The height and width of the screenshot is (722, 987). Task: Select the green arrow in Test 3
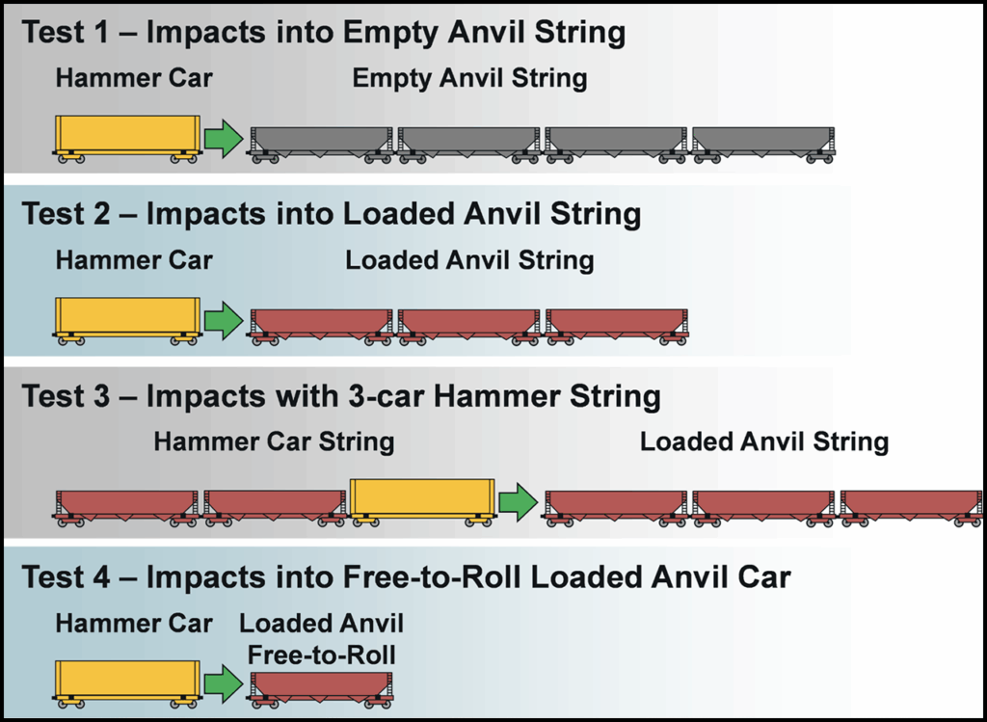[x=519, y=501]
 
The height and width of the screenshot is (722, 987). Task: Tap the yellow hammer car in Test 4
[x=127, y=682]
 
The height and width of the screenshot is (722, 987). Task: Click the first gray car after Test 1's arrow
[x=321, y=142]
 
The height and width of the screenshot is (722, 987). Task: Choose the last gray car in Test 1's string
[x=763, y=142]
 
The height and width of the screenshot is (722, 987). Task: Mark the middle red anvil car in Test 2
[x=468, y=323]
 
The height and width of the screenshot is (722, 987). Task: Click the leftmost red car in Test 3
[x=127, y=505]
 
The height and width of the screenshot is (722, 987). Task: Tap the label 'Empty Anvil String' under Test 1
[x=469, y=79]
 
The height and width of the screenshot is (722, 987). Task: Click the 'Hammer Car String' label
[x=274, y=442]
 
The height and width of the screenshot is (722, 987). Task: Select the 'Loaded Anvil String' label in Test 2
[x=469, y=260]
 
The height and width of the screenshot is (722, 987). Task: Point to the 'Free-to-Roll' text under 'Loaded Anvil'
[x=321, y=655]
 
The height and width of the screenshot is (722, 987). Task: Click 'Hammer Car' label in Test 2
[x=134, y=260]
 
